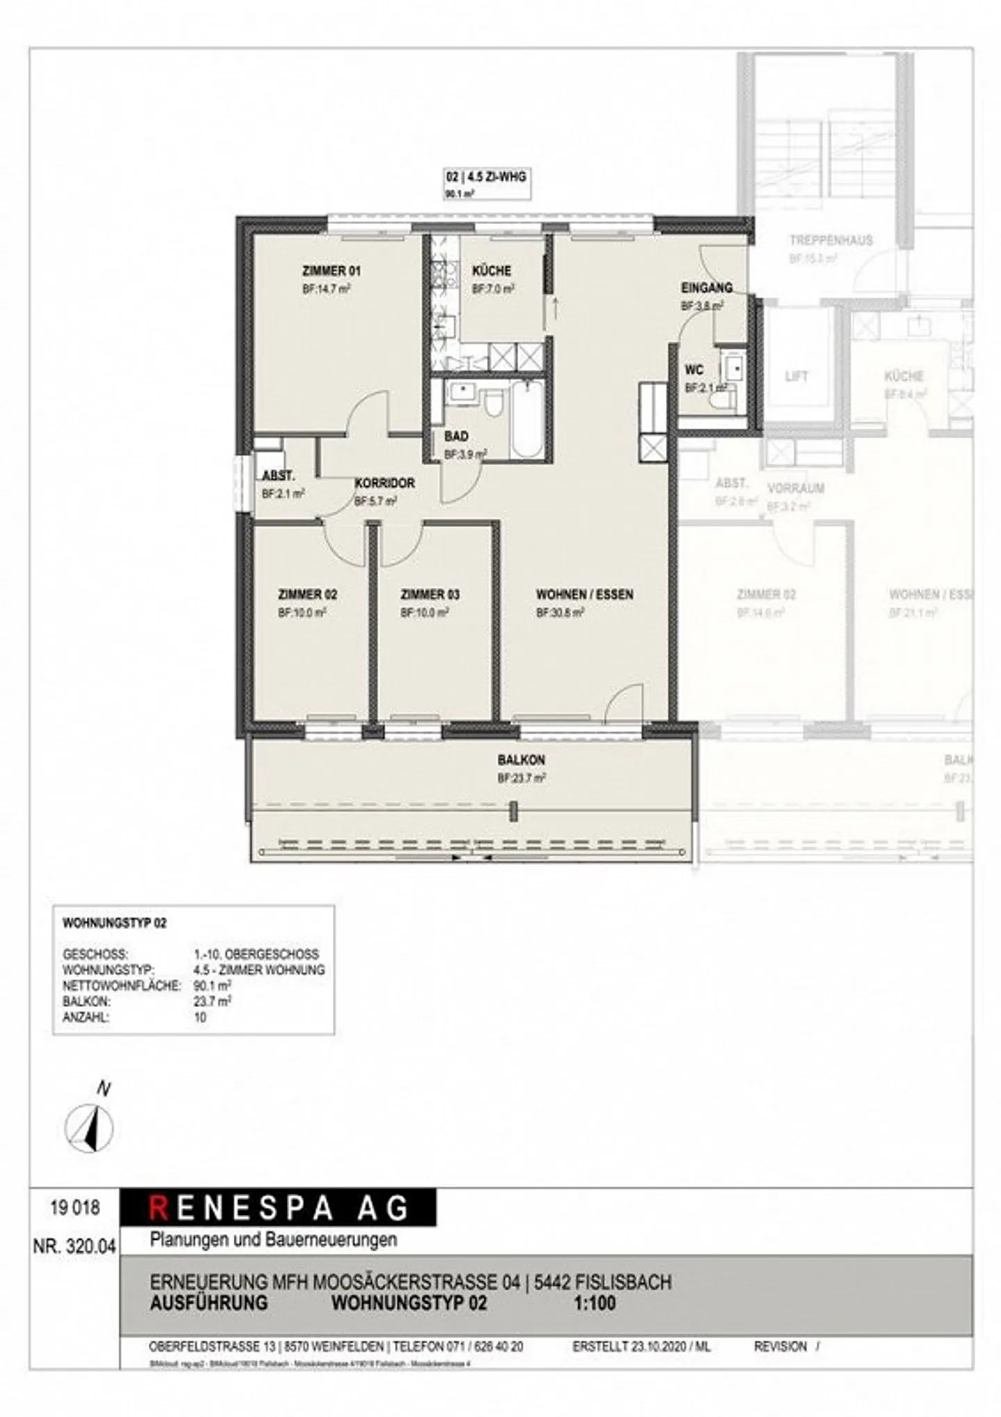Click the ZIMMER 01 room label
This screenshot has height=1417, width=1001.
pos(331,271)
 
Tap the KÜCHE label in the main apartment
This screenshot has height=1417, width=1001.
pos(491,271)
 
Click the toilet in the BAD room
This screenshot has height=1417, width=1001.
pos(494,402)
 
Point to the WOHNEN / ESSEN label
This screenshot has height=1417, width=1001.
pos(584,595)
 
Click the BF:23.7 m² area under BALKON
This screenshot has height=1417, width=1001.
pos(521,779)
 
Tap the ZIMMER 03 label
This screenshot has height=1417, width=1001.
pos(430,595)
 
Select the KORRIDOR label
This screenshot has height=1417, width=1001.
pos(384,483)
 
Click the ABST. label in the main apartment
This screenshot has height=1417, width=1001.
pos(278,477)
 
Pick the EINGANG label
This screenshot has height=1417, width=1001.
pos(706,287)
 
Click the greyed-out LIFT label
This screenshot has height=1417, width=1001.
pos(796,377)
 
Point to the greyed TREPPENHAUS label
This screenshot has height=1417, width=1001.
pos(831,240)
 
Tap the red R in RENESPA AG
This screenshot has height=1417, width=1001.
pos(158,1208)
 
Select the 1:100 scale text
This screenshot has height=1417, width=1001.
pos(594,1303)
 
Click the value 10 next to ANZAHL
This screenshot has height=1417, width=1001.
pos(200,1017)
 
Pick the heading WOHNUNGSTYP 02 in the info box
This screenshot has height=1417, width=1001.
pos(115,924)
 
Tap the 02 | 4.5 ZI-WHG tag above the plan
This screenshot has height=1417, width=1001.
pos(486,177)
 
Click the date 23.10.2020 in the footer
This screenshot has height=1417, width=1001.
pos(660,1347)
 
